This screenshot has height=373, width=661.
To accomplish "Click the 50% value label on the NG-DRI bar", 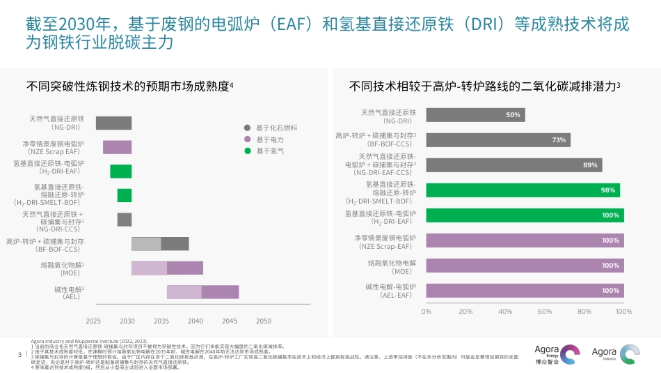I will (513, 115).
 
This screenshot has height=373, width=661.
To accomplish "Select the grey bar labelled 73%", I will (497, 140).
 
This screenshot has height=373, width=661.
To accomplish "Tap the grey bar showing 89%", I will (513, 165).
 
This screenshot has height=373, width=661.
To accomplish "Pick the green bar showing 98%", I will (524, 190).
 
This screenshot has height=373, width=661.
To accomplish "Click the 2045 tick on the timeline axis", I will (230, 321).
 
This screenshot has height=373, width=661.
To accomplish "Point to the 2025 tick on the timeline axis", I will (93, 321).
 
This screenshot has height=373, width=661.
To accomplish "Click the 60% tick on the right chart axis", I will (545, 312).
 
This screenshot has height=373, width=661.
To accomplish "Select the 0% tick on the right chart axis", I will (427, 312).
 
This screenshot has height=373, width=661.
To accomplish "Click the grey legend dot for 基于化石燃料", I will (247, 128).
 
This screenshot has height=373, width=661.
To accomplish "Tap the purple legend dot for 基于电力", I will (247, 139).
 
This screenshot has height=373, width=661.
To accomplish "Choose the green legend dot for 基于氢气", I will (247, 151).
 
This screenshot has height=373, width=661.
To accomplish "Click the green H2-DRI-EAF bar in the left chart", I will (120, 172).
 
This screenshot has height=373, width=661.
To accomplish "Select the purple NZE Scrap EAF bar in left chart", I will (117, 147).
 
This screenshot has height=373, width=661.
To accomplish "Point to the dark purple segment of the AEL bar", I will (220, 292).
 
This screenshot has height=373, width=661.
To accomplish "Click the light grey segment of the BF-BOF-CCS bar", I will (146, 244).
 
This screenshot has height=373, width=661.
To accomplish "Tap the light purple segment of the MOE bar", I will (149, 268).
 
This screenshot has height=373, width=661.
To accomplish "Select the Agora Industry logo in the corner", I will (616, 353).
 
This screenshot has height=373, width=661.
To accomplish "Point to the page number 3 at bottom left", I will (19, 355).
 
